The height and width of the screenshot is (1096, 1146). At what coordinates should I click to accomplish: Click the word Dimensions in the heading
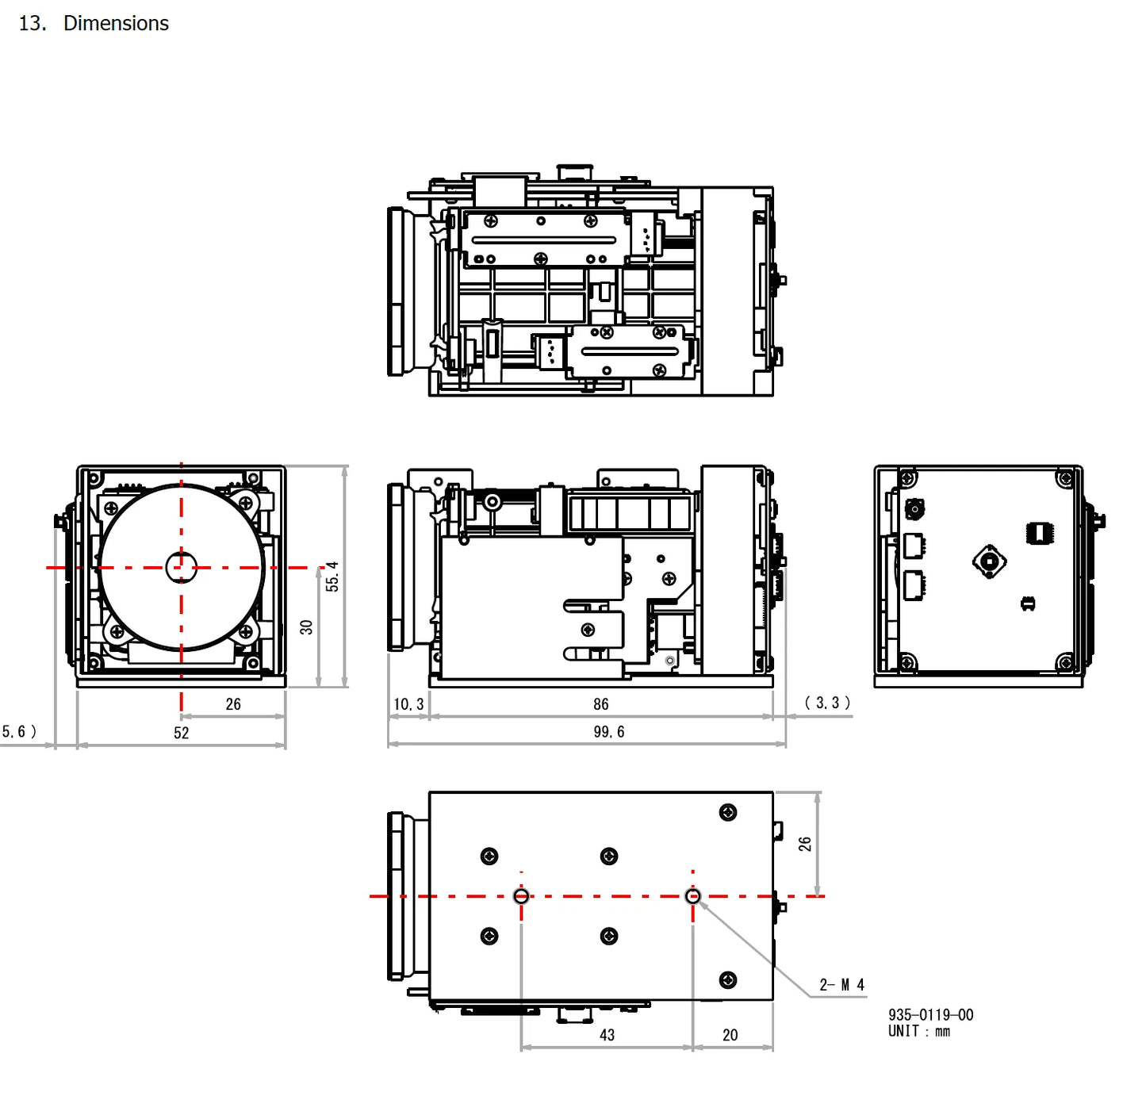pyautogui.click(x=116, y=24)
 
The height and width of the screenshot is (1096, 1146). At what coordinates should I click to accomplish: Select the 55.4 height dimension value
pyautogui.click(x=332, y=577)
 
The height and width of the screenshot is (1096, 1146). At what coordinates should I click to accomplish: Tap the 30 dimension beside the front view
pyautogui.click(x=307, y=627)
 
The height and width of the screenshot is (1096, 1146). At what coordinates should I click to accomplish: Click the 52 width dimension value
pyautogui.click(x=182, y=733)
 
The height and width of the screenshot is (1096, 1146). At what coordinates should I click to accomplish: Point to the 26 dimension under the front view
pyautogui.click(x=233, y=704)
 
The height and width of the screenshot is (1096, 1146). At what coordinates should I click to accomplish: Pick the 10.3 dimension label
pyautogui.click(x=408, y=704)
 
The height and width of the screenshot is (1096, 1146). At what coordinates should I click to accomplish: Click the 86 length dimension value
pyautogui.click(x=601, y=704)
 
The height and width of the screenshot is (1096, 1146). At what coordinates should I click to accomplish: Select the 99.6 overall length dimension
pyautogui.click(x=609, y=732)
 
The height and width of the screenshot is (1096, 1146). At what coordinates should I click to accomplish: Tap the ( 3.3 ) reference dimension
pyautogui.click(x=827, y=703)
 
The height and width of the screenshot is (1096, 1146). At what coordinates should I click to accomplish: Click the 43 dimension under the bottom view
pyautogui.click(x=607, y=1035)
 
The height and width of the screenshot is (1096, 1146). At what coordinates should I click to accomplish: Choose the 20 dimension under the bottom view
pyautogui.click(x=730, y=1035)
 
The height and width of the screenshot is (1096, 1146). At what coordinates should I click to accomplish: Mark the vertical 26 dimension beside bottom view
pyautogui.click(x=805, y=844)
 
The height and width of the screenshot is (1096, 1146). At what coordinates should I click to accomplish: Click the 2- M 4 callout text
pyautogui.click(x=842, y=985)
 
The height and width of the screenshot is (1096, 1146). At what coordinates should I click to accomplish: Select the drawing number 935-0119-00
pyautogui.click(x=930, y=1015)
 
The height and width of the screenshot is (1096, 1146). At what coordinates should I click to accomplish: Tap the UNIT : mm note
pyautogui.click(x=918, y=1032)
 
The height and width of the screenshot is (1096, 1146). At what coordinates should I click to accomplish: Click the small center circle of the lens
pyautogui.click(x=181, y=567)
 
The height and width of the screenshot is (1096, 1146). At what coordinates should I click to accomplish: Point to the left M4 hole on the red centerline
pyautogui.click(x=521, y=896)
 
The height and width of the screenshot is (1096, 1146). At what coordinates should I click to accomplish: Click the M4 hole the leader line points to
pyautogui.click(x=692, y=896)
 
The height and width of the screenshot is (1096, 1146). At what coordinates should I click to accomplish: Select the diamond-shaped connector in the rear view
pyautogui.click(x=989, y=561)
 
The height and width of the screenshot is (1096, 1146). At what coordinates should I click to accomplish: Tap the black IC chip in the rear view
pyautogui.click(x=1039, y=533)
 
